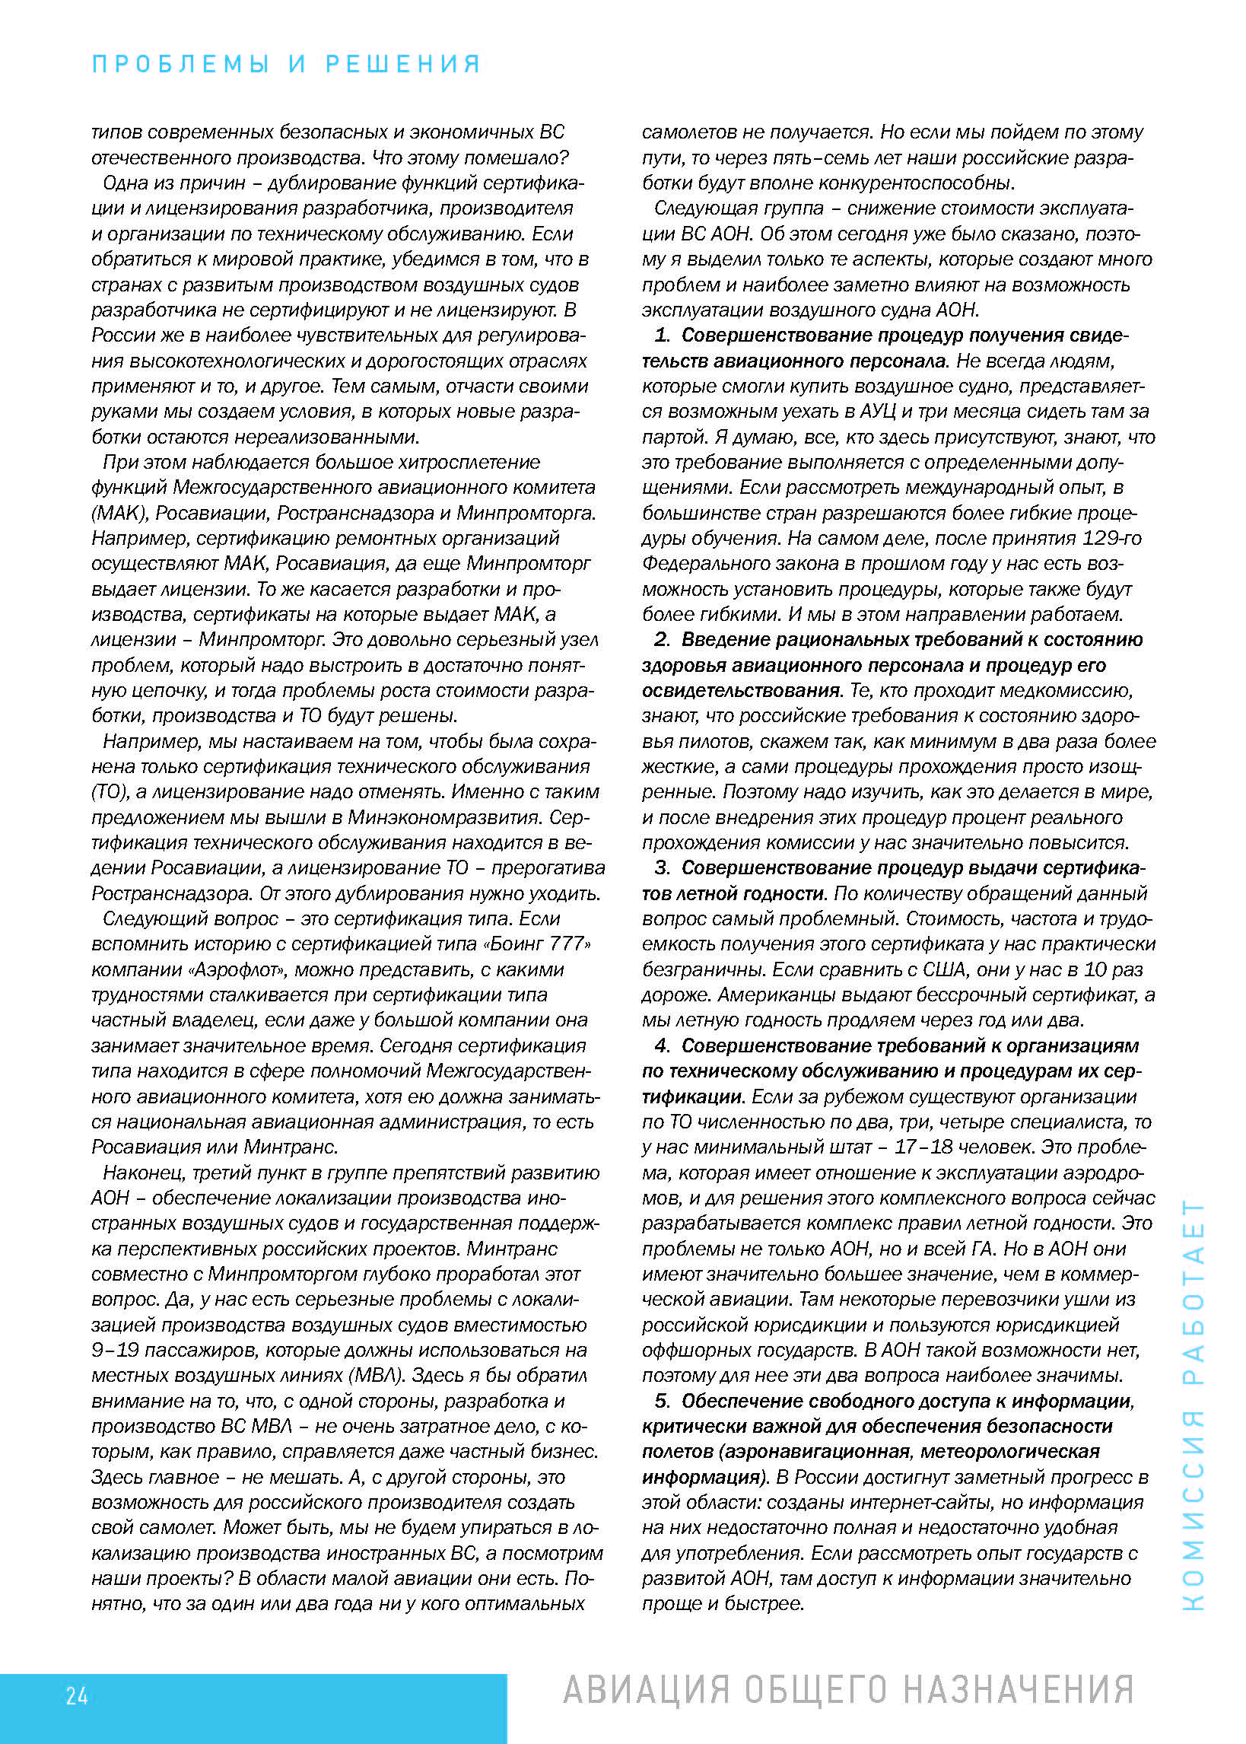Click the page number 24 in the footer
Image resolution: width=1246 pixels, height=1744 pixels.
[x=77, y=1695]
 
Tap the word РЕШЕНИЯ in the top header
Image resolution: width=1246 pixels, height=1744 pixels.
[x=404, y=64]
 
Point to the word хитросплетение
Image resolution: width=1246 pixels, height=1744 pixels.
[x=459, y=462]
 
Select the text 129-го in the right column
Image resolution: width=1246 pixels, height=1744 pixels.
[x=1111, y=538]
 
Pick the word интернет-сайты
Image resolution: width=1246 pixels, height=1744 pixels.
[x=927, y=1501]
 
